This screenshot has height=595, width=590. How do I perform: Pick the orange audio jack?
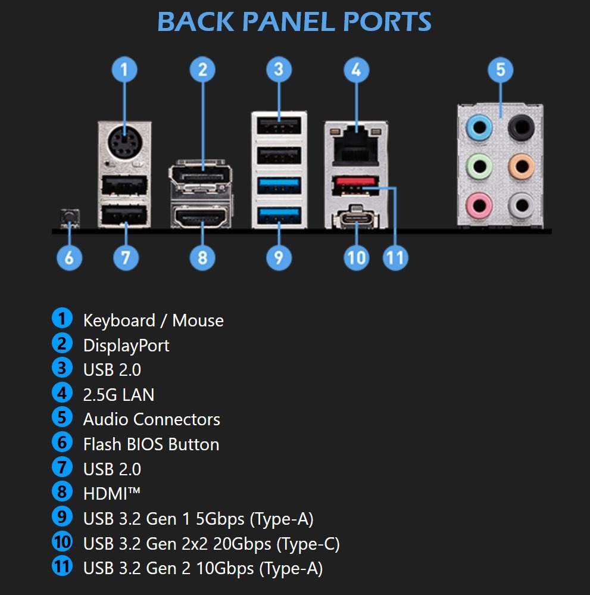[522, 165]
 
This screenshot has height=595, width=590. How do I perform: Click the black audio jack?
[522, 126]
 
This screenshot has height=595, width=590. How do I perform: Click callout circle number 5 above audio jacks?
[500, 70]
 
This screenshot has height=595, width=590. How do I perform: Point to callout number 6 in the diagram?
[70, 258]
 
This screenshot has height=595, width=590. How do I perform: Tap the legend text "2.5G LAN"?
[118, 394]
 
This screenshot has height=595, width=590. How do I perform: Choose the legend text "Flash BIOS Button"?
[151, 444]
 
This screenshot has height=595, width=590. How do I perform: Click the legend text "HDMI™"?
[111, 494]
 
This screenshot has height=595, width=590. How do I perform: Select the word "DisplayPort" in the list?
[126, 345]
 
